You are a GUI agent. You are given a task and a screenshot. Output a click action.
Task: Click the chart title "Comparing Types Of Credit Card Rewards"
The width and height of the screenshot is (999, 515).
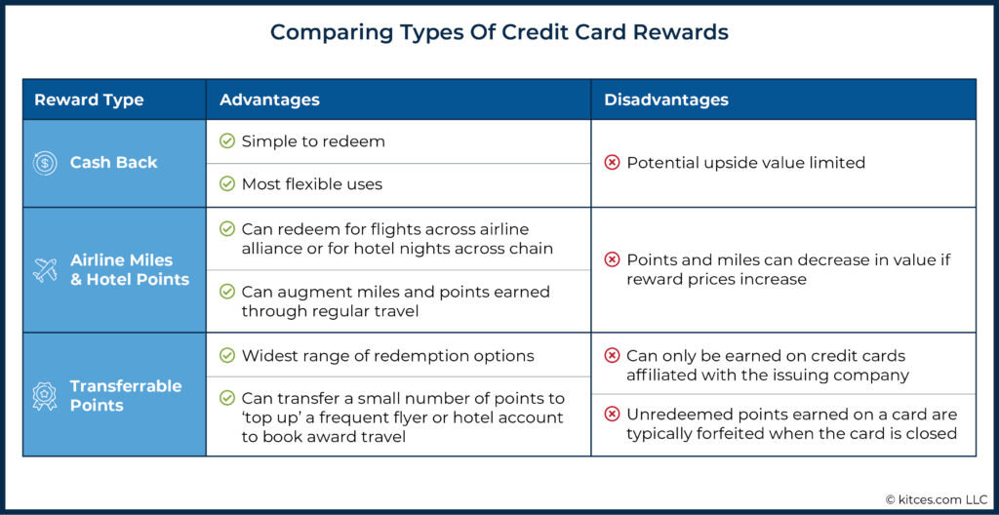coord(499,33)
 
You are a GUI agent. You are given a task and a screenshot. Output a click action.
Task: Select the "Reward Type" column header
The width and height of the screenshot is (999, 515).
coord(89,100)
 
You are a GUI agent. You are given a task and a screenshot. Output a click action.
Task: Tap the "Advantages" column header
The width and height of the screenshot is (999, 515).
coord(269,100)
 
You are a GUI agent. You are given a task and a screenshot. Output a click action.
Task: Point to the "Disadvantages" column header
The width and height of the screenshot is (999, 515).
coord(665,100)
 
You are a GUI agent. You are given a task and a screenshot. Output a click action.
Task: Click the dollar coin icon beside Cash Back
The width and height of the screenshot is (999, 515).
coord(45,163)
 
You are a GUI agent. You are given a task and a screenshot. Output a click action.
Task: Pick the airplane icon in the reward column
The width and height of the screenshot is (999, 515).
coord(45,269)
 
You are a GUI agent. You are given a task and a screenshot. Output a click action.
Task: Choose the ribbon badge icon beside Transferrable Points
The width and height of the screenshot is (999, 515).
coord(45,396)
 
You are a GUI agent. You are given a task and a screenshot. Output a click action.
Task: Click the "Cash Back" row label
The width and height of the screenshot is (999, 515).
coord(113,163)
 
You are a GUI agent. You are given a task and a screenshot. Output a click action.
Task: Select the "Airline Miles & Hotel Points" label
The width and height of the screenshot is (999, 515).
coord(130,269)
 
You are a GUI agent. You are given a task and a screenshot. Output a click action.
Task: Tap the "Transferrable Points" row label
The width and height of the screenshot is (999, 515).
coord(126,396)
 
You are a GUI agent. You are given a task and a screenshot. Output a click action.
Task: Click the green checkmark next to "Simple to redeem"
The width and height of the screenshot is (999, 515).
coord(226,141)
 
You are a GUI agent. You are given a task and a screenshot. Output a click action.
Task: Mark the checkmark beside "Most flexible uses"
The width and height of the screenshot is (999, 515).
coord(226,184)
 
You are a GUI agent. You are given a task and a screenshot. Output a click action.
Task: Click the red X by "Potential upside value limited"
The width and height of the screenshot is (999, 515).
coord(612,163)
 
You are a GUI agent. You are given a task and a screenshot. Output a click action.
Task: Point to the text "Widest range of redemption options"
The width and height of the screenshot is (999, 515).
coord(388,356)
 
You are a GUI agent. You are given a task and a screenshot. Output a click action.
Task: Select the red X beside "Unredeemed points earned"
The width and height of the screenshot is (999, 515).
coord(612,415)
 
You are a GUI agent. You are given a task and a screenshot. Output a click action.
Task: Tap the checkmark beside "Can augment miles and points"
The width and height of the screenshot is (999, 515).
coord(226,292)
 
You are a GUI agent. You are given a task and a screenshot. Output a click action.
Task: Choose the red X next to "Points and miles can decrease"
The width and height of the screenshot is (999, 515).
coord(612,260)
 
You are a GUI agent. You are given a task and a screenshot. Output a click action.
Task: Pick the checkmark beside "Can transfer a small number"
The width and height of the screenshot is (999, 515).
coord(226,399)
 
